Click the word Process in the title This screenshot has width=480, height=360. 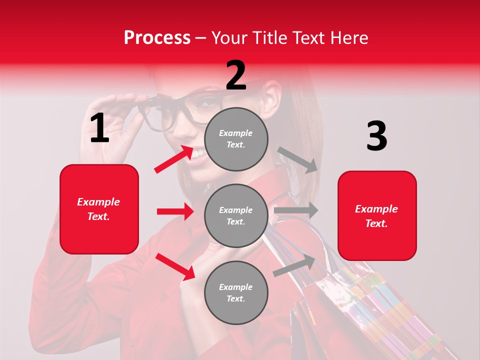click(x=157, y=37)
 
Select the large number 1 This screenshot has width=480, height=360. click(x=99, y=128)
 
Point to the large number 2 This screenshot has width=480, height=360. click(x=236, y=75)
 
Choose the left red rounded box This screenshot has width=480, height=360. click(x=99, y=209)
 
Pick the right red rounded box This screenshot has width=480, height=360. click(x=377, y=215)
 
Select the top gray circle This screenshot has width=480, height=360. click(x=236, y=139)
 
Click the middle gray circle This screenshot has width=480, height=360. click(x=236, y=215)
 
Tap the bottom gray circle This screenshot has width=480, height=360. click(x=236, y=292)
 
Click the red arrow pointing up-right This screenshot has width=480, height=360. click(x=174, y=159)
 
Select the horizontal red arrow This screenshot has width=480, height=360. click(x=175, y=211)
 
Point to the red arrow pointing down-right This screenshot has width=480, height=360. click(x=175, y=266)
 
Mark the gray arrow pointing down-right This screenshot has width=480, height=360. click(x=297, y=159)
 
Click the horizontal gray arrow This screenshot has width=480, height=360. click(x=296, y=210)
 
